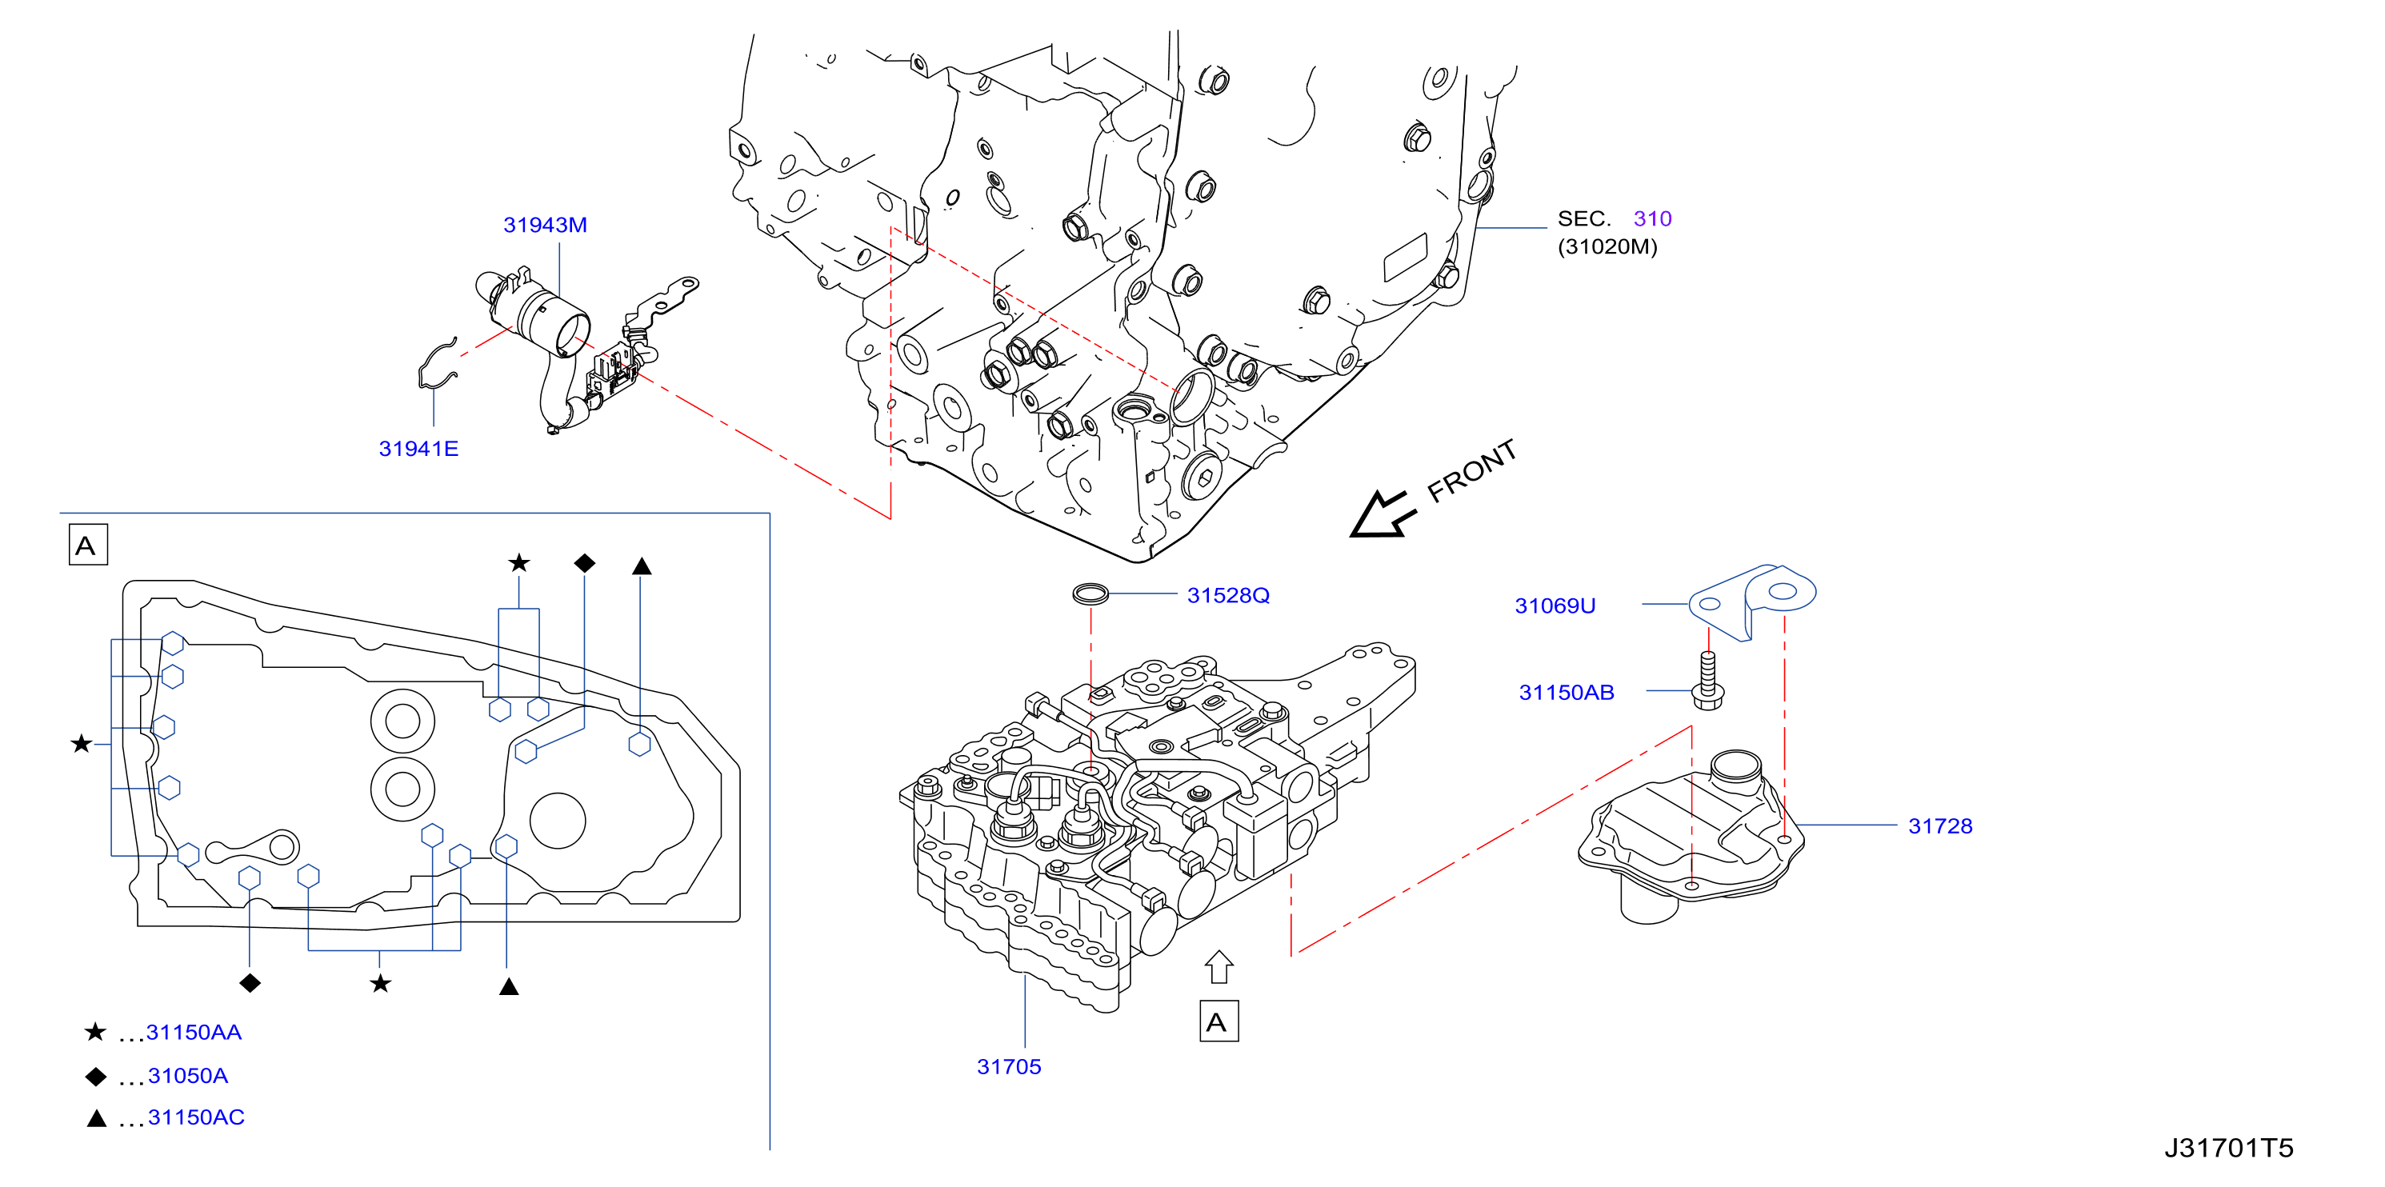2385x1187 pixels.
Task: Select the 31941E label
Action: coord(418,449)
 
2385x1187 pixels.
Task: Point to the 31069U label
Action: coord(1555,605)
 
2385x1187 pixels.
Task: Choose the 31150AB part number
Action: coord(1567,693)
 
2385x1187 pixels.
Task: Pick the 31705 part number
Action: coord(1009,1067)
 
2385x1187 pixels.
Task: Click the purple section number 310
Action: coord(1653,218)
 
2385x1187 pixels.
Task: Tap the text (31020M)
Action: coord(1607,246)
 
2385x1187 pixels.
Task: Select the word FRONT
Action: coord(1471,470)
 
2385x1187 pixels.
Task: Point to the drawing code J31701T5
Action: coord(2228,1148)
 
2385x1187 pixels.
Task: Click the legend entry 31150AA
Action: coord(194,1033)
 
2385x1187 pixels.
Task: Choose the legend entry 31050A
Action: coord(188,1076)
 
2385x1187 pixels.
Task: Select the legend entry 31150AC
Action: coord(196,1117)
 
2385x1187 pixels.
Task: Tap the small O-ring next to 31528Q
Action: coord(1090,593)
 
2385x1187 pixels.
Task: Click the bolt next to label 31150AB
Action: coord(1708,681)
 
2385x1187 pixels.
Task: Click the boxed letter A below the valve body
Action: coord(1219,1021)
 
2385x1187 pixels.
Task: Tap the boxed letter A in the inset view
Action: coord(88,545)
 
